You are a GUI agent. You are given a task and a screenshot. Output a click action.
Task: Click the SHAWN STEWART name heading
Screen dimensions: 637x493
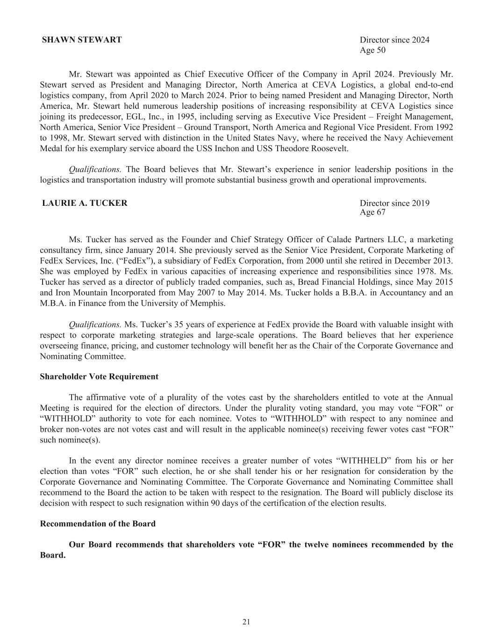82,40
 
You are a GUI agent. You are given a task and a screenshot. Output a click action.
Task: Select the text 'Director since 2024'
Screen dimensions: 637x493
394,40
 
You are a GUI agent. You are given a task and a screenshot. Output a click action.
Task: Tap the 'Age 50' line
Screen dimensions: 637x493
372,50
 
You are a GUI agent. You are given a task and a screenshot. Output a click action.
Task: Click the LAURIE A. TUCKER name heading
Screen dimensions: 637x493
85,203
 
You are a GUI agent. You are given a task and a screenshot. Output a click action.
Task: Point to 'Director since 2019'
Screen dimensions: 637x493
394,203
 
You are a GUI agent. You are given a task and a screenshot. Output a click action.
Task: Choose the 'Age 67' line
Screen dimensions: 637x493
372,212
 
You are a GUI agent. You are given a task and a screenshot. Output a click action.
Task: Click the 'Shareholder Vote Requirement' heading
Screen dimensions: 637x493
99,377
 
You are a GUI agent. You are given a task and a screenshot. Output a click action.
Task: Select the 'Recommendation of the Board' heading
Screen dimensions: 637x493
98,524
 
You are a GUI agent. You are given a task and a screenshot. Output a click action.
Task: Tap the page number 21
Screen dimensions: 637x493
246,622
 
